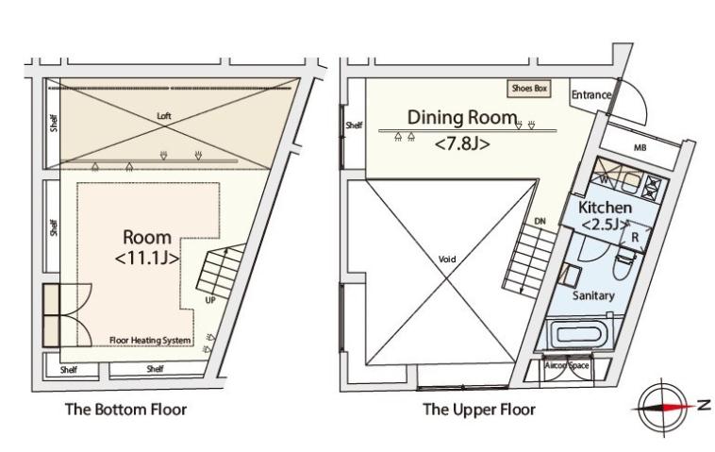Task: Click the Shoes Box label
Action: click(x=529, y=88)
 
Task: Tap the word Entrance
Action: click(x=591, y=95)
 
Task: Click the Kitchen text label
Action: click(x=605, y=207)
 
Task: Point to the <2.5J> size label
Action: click(x=605, y=225)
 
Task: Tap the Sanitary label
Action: click(x=593, y=295)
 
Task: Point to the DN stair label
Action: click(x=540, y=221)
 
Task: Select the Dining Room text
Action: click(x=462, y=118)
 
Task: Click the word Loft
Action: click(x=165, y=116)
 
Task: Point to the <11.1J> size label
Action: click(x=146, y=257)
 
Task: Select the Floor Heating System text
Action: click(x=150, y=340)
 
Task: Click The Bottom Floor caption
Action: click(x=125, y=410)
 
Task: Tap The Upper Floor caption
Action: click(x=478, y=410)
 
